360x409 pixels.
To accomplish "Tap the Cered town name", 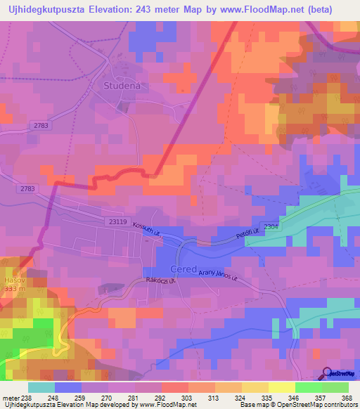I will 184,270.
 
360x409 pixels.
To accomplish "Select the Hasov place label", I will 14,279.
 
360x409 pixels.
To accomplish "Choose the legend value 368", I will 345,396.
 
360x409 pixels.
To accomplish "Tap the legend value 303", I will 188,396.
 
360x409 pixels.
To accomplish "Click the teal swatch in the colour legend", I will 41,387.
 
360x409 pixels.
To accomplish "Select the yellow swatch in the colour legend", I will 281,387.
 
